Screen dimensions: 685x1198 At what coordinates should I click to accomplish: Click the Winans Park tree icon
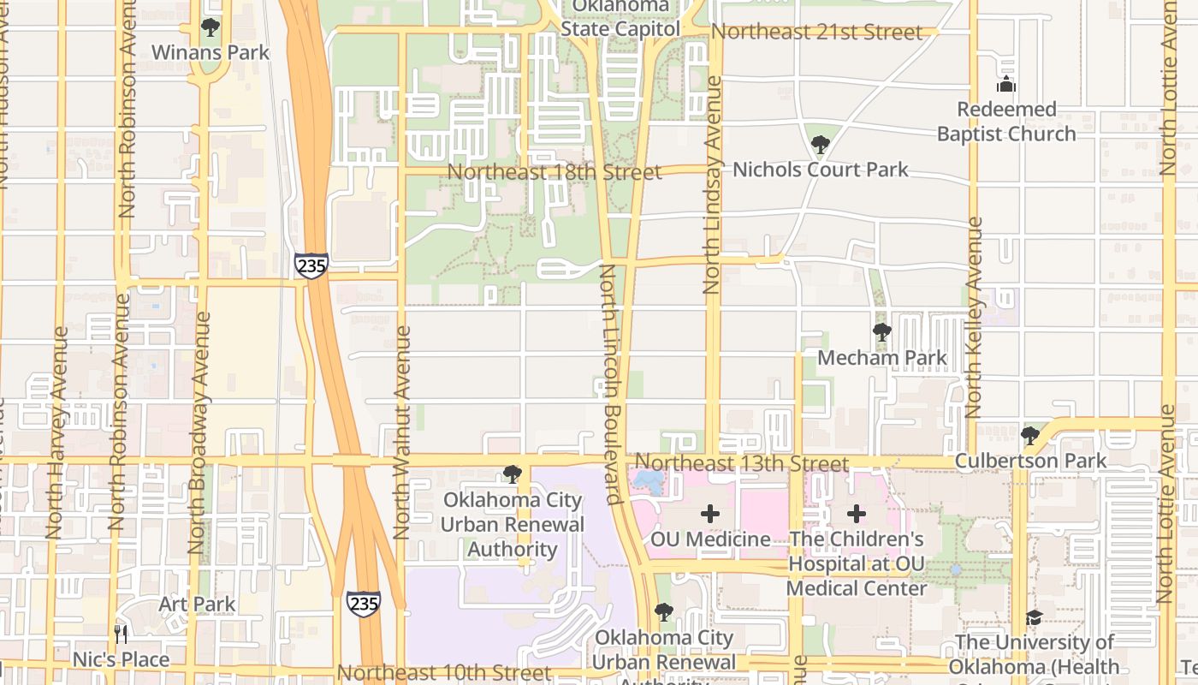pyautogui.click(x=211, y=28)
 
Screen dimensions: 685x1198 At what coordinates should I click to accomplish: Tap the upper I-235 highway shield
pyautogui.click(x=311, y=265)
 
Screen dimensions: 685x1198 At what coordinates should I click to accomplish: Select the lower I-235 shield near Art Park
pyautogui.click(x=364, y=604)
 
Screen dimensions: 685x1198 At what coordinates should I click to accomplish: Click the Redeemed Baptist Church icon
pyautogui.click(x=1006, y=85)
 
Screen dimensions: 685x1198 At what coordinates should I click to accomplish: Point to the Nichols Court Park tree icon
pyautogui.click(x=820, y=145)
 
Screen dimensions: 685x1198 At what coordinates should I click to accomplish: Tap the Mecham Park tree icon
pyautogui.click(x=881, y=332)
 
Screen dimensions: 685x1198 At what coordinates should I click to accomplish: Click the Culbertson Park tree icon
pyautogui.click(x=1030, y=436)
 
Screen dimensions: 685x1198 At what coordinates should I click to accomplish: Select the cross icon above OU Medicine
pyautogui.click(x=709, y=515)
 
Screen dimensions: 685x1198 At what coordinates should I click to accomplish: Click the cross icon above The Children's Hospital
pyautogui.click(x=857, y=515)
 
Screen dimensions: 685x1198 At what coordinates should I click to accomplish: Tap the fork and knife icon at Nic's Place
pyautogui.click(x=121, y=634)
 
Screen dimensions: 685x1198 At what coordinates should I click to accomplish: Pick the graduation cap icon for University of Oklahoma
pyautogui.click(x=1034, y=618)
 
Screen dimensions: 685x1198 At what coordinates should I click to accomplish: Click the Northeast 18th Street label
pyautogui.click(x=554, y=172)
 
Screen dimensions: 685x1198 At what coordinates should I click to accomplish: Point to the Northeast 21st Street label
pyautogui.click(x=816, y=33)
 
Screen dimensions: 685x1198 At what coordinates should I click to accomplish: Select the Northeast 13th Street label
pyautogui.click(x=742, y=463)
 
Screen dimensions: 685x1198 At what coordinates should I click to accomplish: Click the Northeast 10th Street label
pyautogui.click(x=444, y=673)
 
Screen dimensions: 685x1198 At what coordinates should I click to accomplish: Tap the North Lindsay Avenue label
pyautogui.click(x=712, y=185)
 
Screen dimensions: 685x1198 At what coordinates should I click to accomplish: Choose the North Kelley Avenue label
pyautogui.click(x=974, y=317)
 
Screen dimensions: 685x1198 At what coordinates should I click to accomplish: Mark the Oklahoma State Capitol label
pyautogui.click(x=620, y=18)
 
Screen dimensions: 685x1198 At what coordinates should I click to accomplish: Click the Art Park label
pyautogui.click(x=197, y=605)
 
